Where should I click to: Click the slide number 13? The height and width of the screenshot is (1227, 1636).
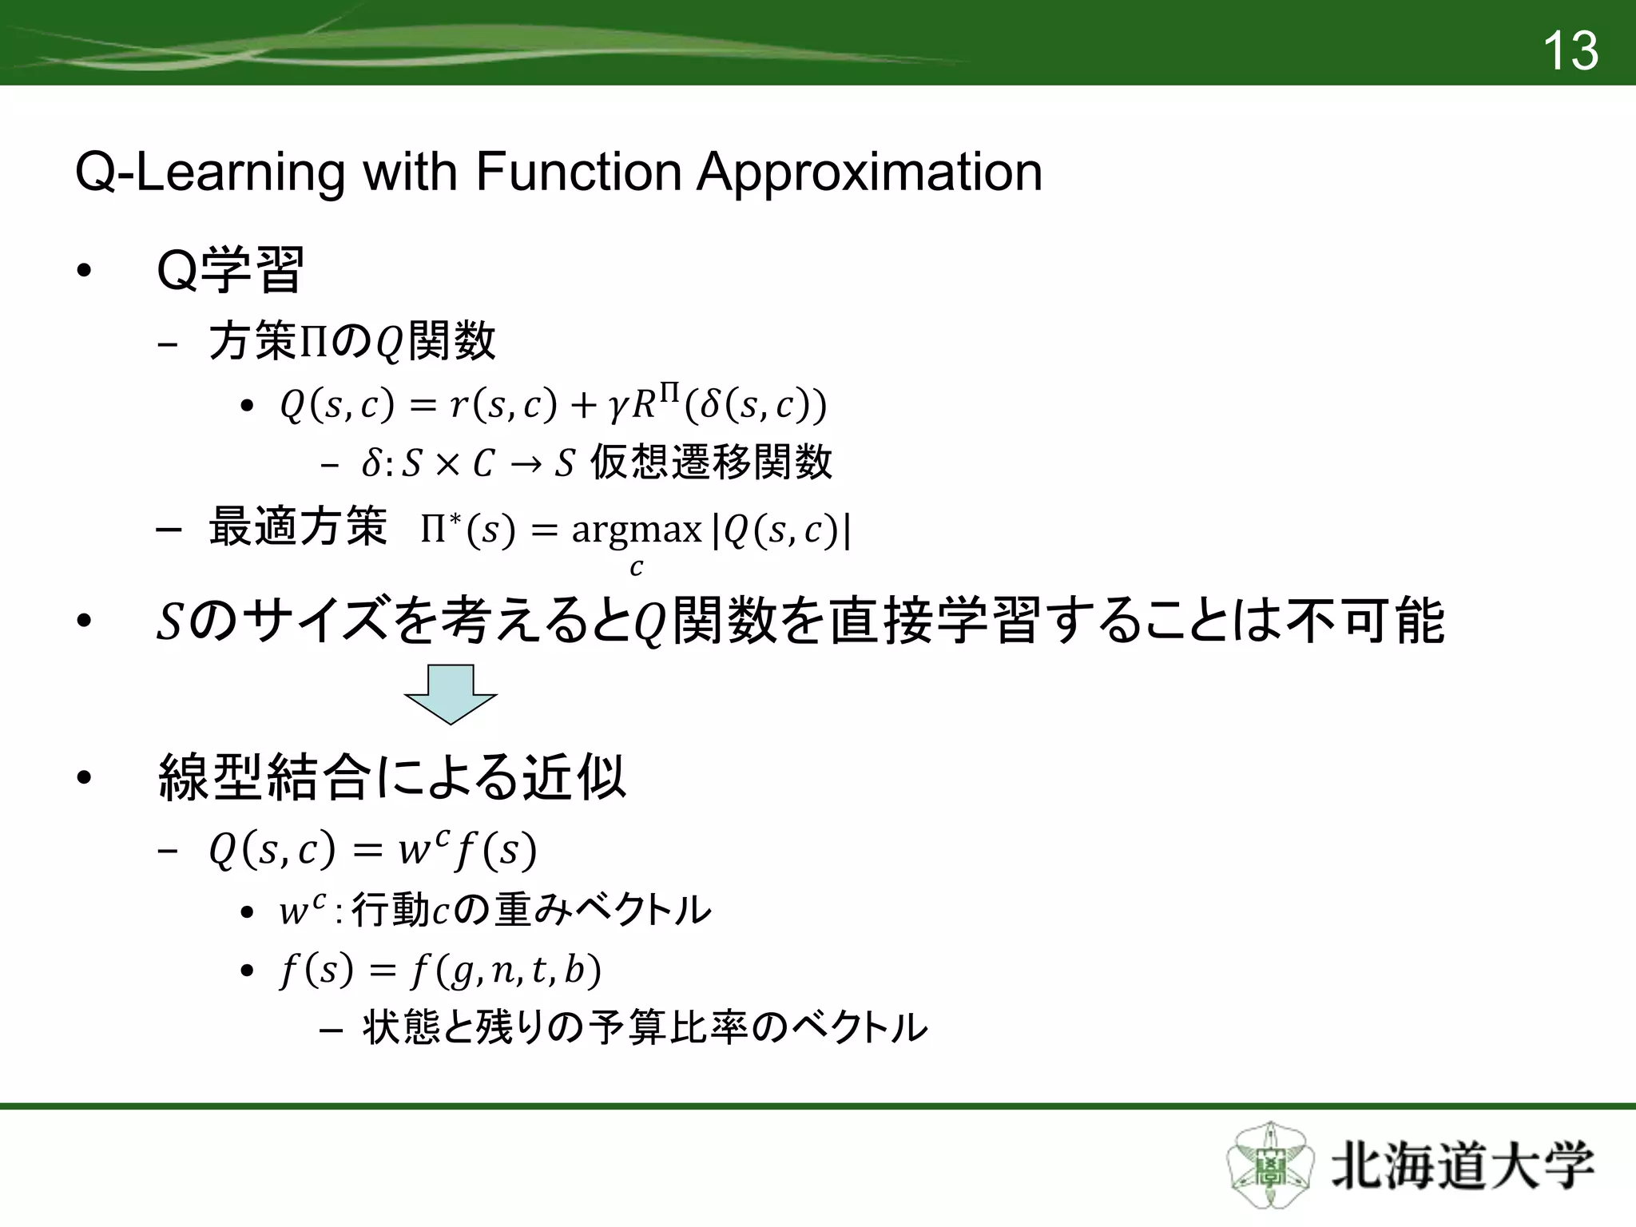(x=1570, y=51)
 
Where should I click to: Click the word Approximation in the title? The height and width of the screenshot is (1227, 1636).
(x=869, y=172)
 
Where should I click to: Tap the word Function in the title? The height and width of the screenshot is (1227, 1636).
(x=578, y=172)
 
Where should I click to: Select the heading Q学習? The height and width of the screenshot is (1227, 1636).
(x=230, y=272)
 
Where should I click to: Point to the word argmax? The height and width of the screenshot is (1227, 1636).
(x=637, y=529)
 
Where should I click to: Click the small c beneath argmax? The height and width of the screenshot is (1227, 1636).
(x=636, y=568)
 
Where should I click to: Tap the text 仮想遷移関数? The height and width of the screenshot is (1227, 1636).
(x=711, y=463)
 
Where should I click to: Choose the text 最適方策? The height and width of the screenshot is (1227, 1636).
(x=297, y=527)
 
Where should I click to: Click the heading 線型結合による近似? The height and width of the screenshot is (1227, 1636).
(x=391, y=777)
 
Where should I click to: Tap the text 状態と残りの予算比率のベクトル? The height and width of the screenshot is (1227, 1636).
(x=645, y=1028)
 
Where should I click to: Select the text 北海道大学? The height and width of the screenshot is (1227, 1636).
(x=1462, y=1166)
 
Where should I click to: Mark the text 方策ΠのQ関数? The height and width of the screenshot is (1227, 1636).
(x=351, y=342)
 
